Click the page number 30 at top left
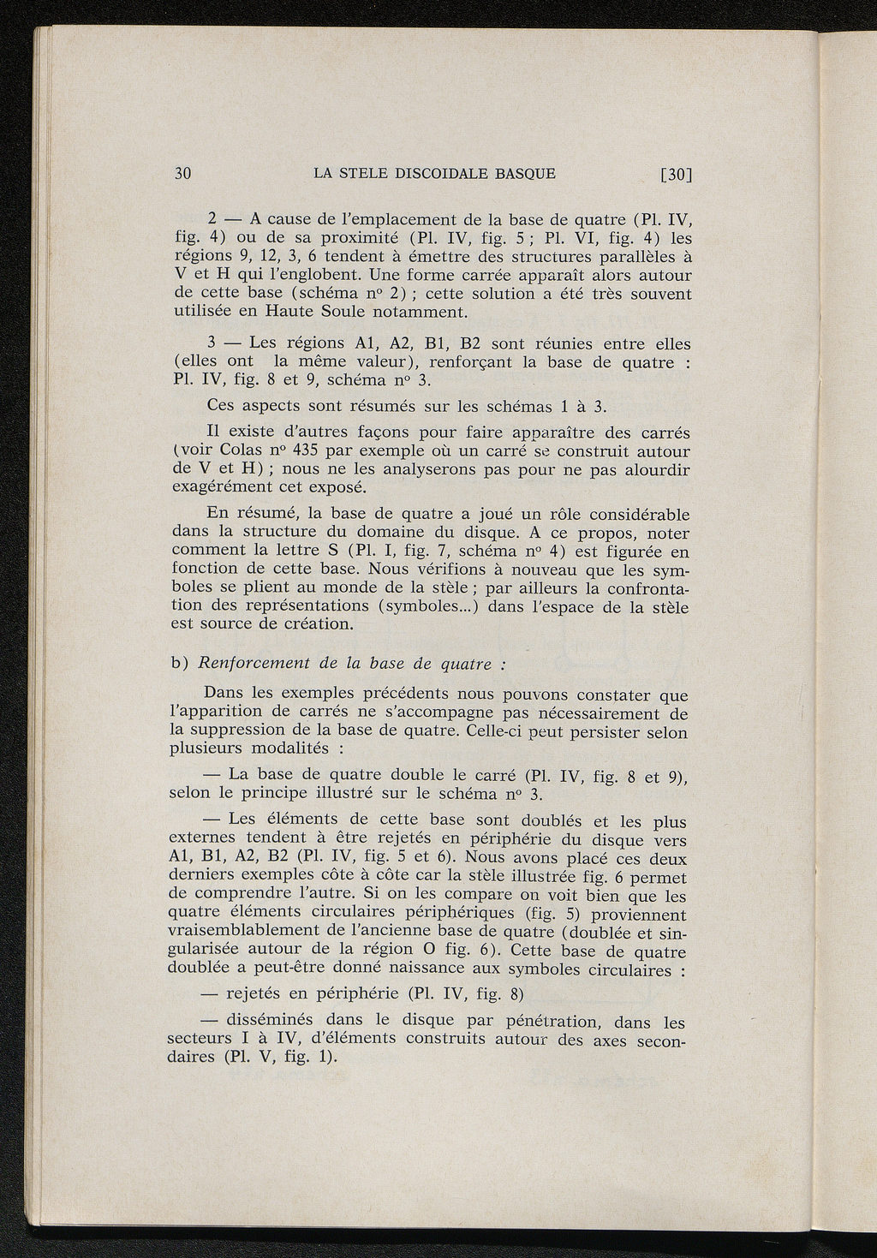coord(182,173)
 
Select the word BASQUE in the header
coord(526,173)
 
